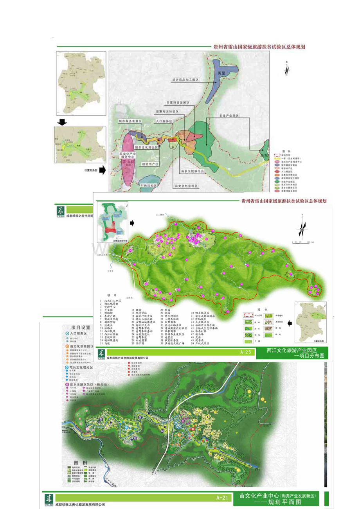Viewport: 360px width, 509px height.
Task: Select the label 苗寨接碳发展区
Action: click(x=178, y=103)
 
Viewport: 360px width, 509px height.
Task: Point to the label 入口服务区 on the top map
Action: click(x=164, y=122)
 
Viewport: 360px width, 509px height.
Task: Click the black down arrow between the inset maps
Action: click(x=63, y=122)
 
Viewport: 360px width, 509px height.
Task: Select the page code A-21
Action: click(x=222, y=497)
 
